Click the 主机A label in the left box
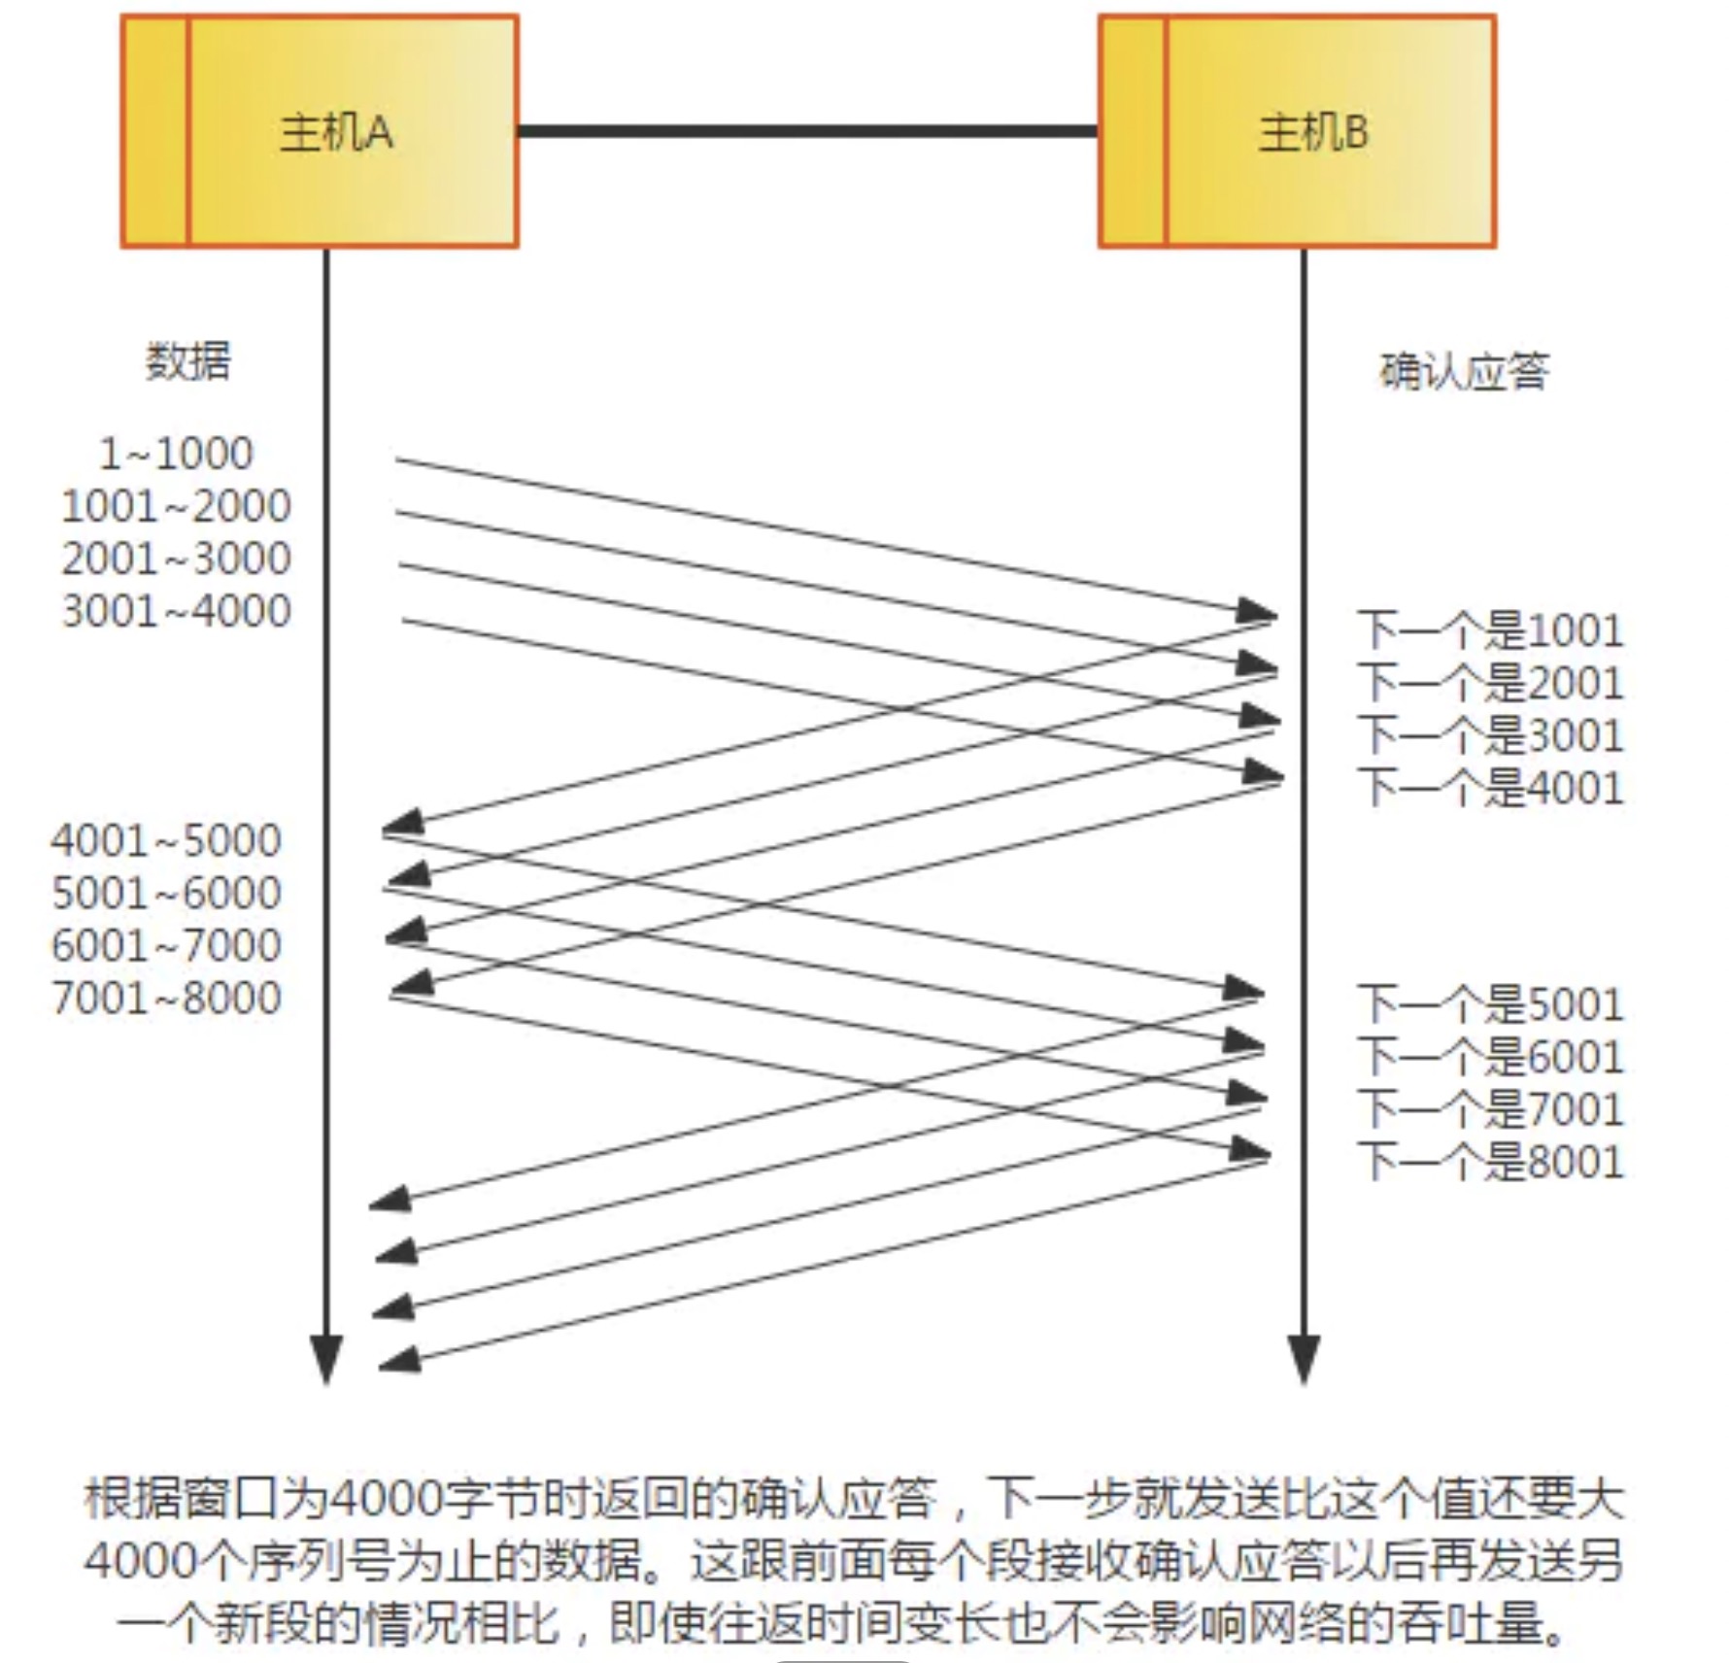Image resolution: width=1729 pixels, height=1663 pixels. (336, 132)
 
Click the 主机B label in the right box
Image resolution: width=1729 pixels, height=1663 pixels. (1313, 132)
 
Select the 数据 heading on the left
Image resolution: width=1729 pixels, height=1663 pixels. (188, 361)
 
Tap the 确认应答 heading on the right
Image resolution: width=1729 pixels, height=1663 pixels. (1464, 372)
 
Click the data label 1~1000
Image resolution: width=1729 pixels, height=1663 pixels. (176, 454)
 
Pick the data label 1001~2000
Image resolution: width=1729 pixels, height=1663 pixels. (176, 506)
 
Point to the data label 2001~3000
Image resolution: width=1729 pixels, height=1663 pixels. (176, 559)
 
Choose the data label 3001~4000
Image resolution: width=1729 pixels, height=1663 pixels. (176, 611)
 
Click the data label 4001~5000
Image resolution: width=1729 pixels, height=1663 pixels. (166, 840)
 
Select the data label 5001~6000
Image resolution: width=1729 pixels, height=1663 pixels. (166, 893)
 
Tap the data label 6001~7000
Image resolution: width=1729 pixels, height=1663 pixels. (166, 945)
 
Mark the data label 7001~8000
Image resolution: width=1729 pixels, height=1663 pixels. (166, 998)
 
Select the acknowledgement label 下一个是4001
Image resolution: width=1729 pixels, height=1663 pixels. (1490, 788)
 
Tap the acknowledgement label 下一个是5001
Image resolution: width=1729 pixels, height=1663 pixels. (1490, 1004)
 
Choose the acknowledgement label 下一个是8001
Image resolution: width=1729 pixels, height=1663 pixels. (1490, 1162)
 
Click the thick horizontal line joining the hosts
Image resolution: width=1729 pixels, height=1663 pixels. (807, 130)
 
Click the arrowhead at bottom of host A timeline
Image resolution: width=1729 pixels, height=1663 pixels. (325, 1358)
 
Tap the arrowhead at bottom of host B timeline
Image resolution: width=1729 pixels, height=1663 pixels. (1303, 1358)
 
